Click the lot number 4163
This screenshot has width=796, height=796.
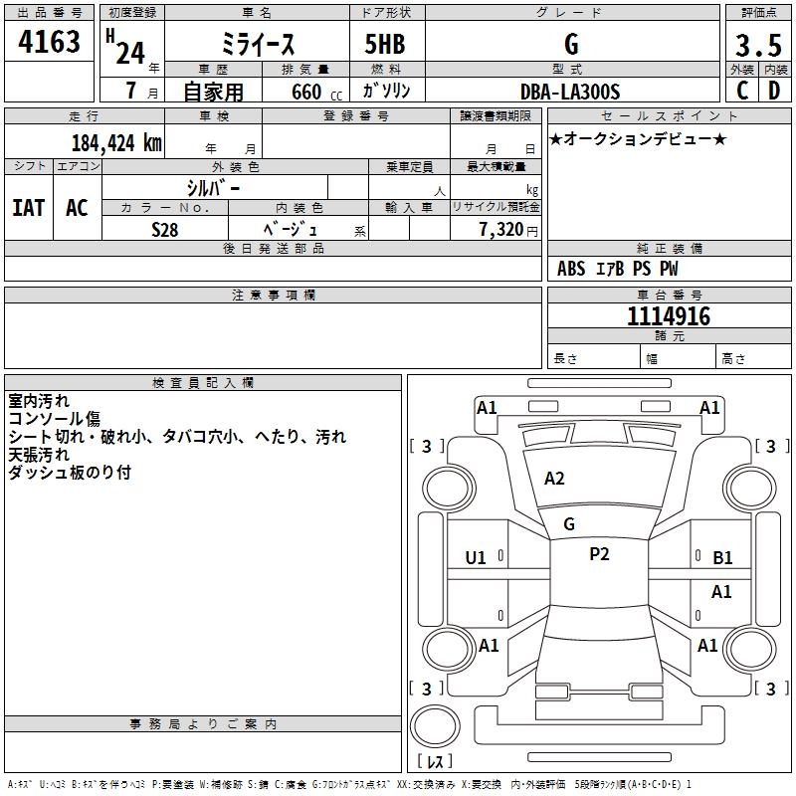tap(50, 43)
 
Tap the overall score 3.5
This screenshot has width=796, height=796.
tap(757, 45)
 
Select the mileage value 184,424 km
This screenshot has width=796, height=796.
tap(116, 143)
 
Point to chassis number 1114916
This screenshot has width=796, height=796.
tap(669, 316)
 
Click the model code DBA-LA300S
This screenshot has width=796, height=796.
tap(570, 92)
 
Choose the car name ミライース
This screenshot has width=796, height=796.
tap(258, 45)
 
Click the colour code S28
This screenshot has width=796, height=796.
tap(165, 228)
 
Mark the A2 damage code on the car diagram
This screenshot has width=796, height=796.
tap(554, 479)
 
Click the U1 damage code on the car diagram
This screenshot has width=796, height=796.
tap(476, 558)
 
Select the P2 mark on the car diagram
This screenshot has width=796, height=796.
tap(599, 555)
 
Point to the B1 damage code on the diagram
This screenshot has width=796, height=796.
tap(722, 558)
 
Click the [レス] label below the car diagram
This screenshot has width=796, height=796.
tap(435, 761)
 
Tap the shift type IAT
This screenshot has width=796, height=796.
tap(28, 208)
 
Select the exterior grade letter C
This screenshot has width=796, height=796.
tap(742, 91)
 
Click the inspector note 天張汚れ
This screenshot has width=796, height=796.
tap(41, 454)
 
